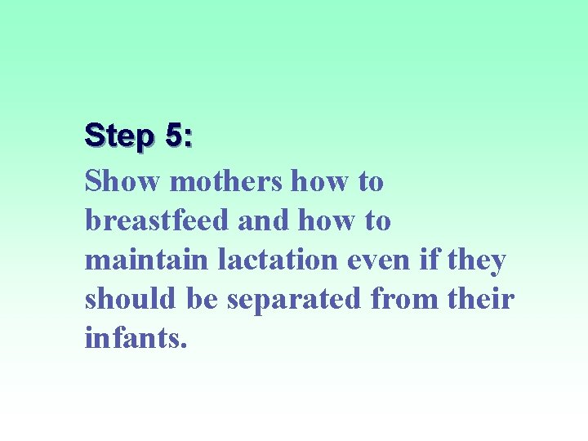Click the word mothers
tap(226, 180)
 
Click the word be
tap(201, 299)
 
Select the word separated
tap(294, 299)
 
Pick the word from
tap(403, 299)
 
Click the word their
tap(482, 299)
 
